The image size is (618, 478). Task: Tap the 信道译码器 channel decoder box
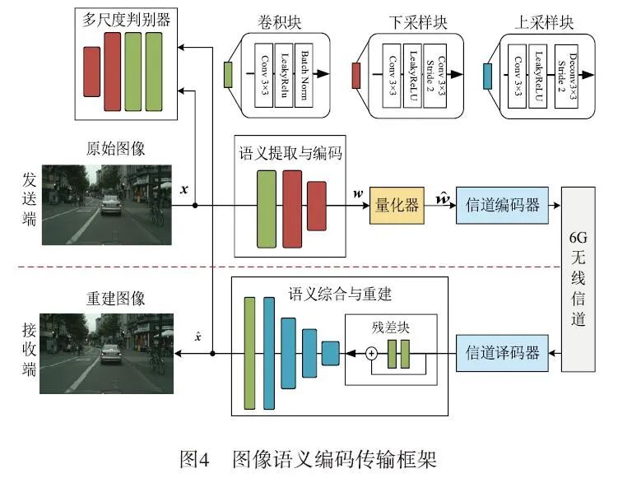pyautogui.click(x=502, y=354)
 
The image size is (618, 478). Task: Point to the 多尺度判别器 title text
pyautogui.click(x=127, y=20)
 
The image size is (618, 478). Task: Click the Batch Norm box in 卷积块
pyautogui.click(x=305, y=75)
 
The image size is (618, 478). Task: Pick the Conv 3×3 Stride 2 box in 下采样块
pyautogui.click(x=435, y=75)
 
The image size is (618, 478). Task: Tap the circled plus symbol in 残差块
pyautogui.click(x=371, y=354)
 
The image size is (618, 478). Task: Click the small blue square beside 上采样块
pyautogui.click(x=488, y=76)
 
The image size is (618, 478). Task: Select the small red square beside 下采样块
pyautogui.click(x=357, y=76)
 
